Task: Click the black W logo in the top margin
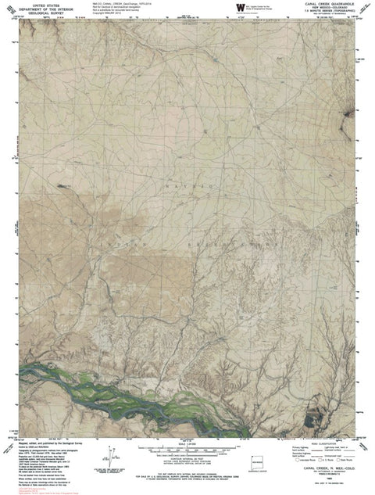[237, 9]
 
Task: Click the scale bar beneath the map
[187, 447]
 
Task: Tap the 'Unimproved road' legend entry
[332, 455]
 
